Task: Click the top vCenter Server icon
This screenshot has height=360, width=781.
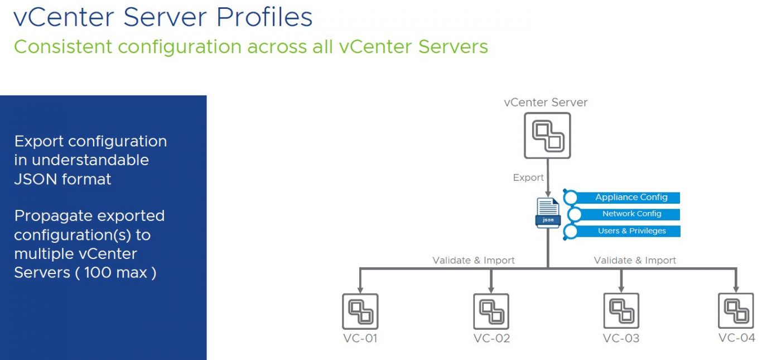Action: [x=547, y=136]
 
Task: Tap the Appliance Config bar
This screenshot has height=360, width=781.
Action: [x=630, y=198]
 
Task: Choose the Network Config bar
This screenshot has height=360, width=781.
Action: [x=631, y=214]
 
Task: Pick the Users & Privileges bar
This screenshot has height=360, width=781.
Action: [x=631, y=231]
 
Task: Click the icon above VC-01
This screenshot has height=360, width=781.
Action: [x=360, y=311]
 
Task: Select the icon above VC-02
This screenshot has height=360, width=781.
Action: [x=491, y=311]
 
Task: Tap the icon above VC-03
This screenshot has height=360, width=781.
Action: [x=621, y=310]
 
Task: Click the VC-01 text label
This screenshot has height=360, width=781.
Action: [x=360, y=338]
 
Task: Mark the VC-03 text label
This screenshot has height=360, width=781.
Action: [x=621, y=338]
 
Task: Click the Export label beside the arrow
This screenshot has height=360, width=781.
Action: [x=528, y=177]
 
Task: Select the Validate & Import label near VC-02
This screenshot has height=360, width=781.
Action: [x=473, y=260]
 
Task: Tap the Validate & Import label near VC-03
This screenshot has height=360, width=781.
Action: [x=634, y=260]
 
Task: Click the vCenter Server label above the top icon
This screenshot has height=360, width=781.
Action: [x=545, y=102]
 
